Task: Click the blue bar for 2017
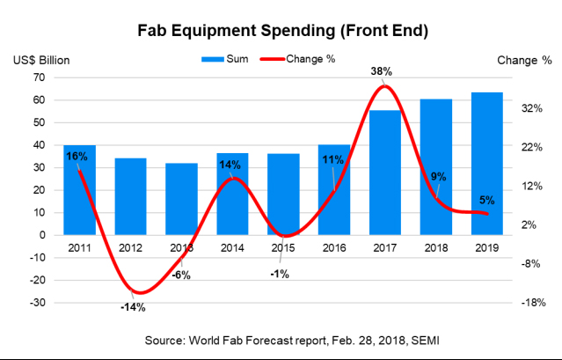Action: [x=384, y=176]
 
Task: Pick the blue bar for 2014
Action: [x=232, y=194]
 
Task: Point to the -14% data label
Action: [x=133, y=307]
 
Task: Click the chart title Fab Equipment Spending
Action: [x=282, y=32]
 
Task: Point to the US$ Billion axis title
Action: [x=41, y=61]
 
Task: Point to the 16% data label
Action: [x=77, y=156]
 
